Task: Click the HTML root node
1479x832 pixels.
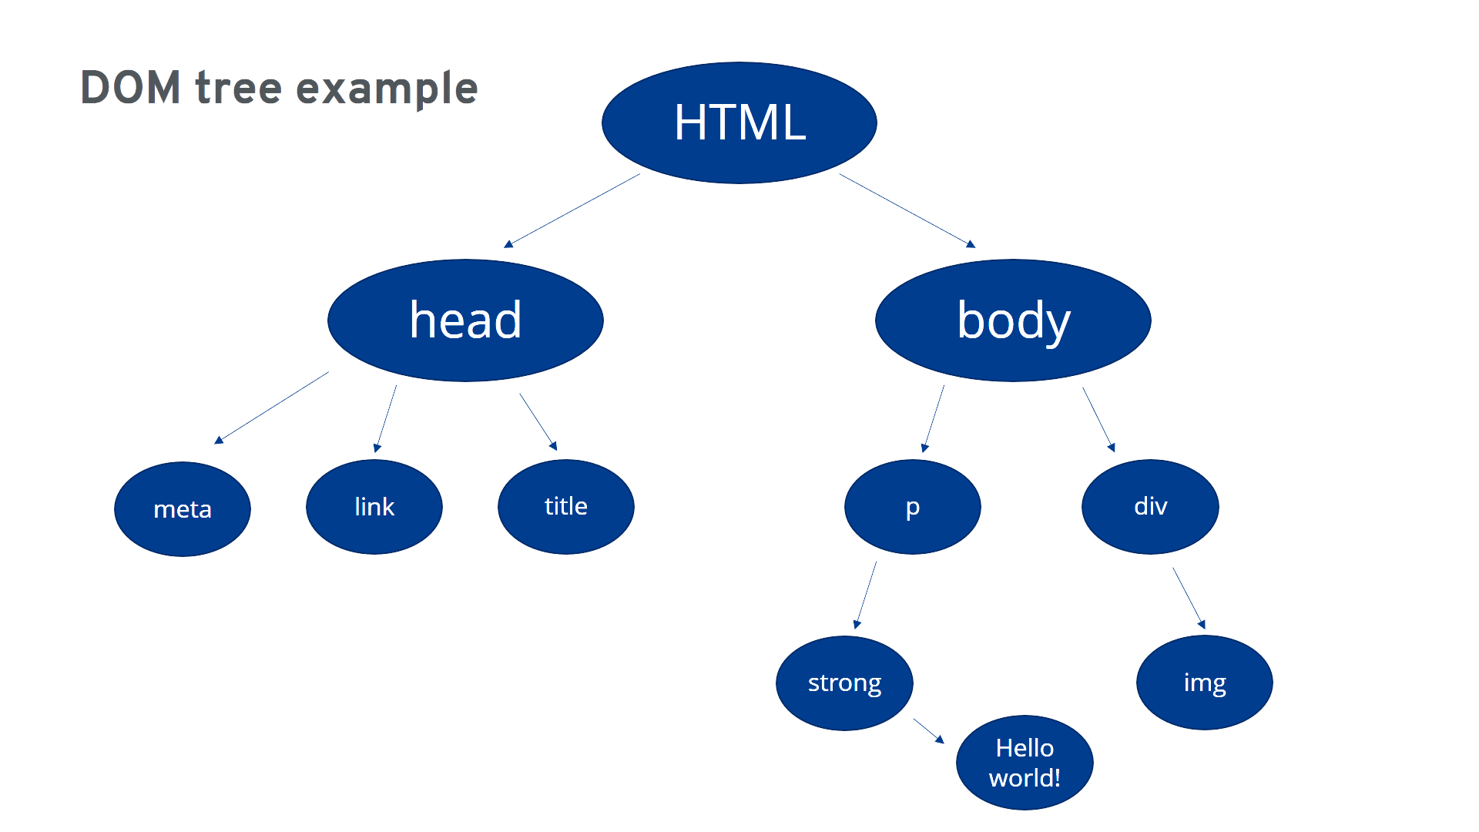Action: click(x=739, y=122)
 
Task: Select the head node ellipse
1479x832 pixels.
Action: click(x=465, y=320)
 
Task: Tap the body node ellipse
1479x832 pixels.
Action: click(x=1013, y=320)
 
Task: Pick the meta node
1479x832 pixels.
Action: click(x=183, y=508)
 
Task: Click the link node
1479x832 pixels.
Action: click(x=374, y=507)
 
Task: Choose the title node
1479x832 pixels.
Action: click(x=566, y=507)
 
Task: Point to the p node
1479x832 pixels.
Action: click(x=913, y=507)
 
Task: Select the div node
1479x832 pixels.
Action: click(x=1150, y=507)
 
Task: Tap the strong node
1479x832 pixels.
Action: click(x=844, y=683)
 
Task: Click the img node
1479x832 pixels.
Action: click(x=1205, y=683)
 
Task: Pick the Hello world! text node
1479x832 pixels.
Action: click(x=1025, y=763)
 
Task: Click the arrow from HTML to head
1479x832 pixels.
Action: click(x=572, y=210)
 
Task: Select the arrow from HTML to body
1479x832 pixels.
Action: click(x=907, y=210)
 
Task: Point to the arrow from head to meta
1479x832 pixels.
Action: click(x=271, y=408)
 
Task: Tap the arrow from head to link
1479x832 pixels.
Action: click(x=385, y=418)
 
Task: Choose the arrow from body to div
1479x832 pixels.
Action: click(x=1098, y=419)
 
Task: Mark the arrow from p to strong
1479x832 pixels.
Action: click(x=865, y=595)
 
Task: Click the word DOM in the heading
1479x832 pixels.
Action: click(x=130, y=87)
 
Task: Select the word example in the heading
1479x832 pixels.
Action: click(x=387, y=89)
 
